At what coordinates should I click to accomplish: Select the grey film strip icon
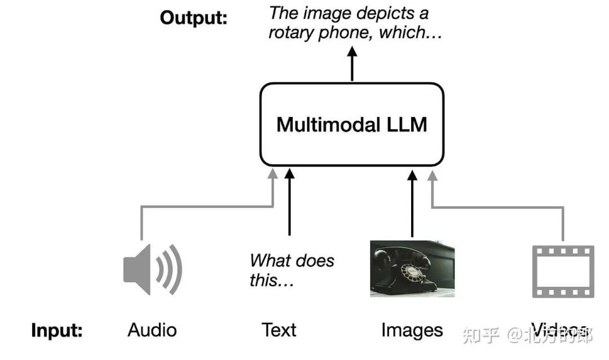(563, 272)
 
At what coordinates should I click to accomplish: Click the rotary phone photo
(412, 269)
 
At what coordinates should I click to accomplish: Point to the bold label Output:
(193, 17)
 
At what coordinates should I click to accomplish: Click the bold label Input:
(57, 331)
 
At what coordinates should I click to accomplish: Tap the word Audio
(152, 330)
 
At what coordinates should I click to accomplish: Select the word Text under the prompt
(279, 330)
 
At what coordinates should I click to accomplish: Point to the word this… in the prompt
(272, 280)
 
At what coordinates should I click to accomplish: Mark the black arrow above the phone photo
(412, 203)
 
